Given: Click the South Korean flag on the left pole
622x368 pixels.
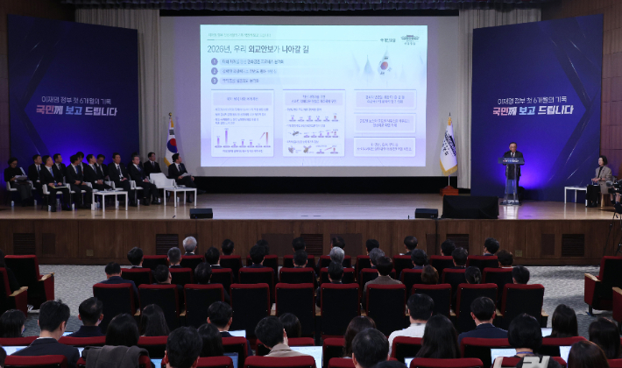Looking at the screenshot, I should click(x=171, y=144).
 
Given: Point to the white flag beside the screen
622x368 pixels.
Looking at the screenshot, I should click(x=449, y=148).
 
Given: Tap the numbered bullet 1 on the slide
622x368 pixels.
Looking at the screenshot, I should click(x=215, y=61).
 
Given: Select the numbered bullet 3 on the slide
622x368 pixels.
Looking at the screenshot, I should click(x=215, y=80).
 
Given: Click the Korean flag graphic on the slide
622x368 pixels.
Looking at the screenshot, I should click(x=384, y=63).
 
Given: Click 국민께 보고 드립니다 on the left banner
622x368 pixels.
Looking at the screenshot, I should click(x=74, y=110).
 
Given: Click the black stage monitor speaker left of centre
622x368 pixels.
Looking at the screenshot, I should click(x=201, y=213).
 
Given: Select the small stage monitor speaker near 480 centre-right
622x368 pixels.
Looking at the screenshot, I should click(x=427, y=213).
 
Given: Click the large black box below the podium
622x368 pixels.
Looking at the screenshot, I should click(x=470, y=207).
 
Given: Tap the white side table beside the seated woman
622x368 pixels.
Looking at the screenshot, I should click(x=576, y=192).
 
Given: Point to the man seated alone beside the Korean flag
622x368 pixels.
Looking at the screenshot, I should click(x=180, y=171).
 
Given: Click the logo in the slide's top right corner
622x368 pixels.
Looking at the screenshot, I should click(x=410, y=39).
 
